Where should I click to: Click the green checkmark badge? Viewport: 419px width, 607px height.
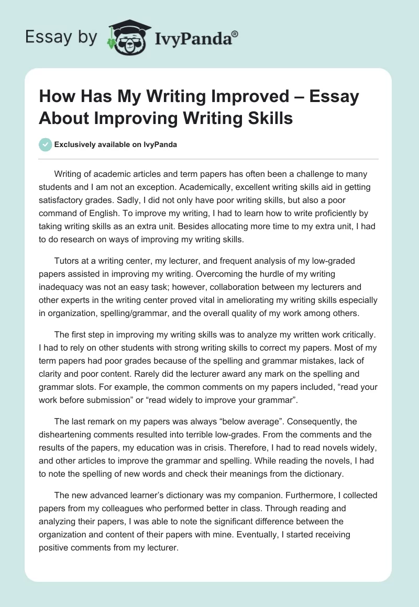46,144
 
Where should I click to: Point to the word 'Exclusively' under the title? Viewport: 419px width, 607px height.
76,145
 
